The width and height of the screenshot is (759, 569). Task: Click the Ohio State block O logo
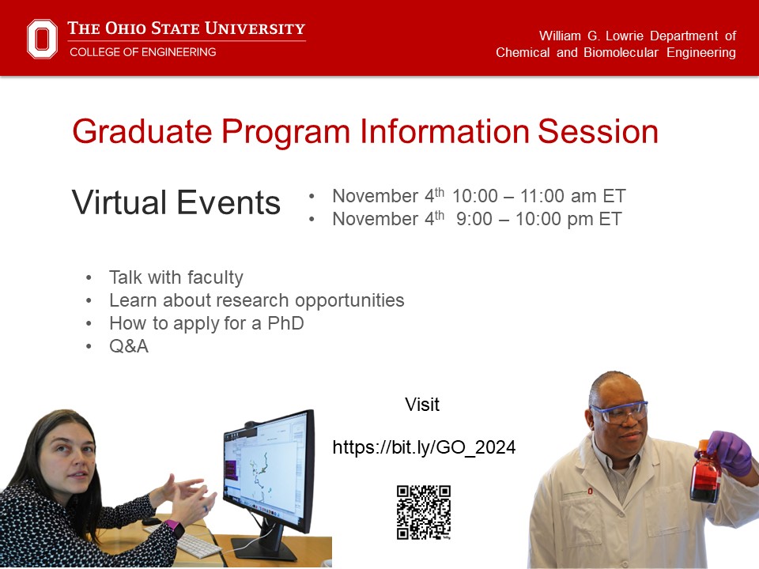tap(43, 39)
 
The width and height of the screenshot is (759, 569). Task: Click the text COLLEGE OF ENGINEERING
tap(142, 52)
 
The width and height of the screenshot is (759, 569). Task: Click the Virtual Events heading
tap(176, 203)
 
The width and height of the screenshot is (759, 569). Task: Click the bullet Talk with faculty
tap(176, 277)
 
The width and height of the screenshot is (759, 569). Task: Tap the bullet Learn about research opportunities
tap(256, 300)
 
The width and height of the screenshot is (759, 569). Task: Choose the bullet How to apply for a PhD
tap(206, 323)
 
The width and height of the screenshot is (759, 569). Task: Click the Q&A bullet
tap(128, 346)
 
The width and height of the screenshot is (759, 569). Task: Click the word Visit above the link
tap(422, 405)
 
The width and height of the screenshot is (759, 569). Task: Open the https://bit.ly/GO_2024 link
tap(424, 447)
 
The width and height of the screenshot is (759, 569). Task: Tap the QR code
tap(424, 512)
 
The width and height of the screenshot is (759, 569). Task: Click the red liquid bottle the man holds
tap(705, 474)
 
